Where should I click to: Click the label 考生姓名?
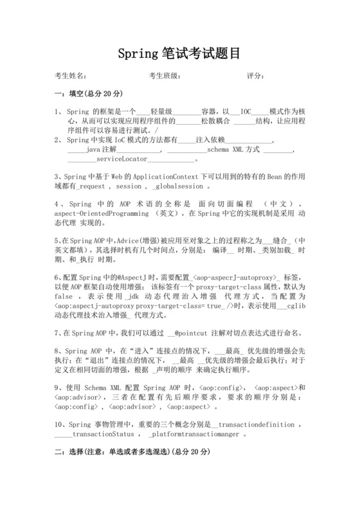70,76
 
